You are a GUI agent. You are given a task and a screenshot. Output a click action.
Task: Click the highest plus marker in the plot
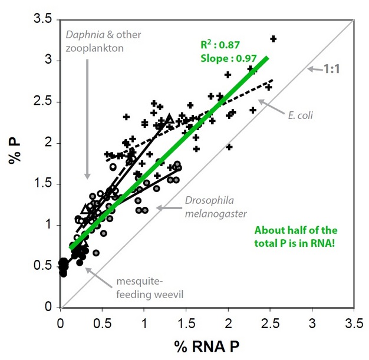pyautogui.click(x=273, y=39)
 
